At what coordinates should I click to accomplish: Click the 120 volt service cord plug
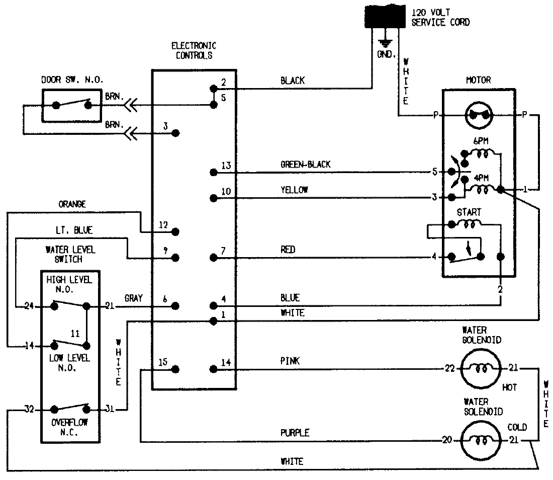point(385,16)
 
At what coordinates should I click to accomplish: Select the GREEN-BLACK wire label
point(306,165)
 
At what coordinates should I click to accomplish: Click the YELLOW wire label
point(294,190)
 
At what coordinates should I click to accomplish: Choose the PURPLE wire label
point(295,433)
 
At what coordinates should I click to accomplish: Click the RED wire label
point(288,250)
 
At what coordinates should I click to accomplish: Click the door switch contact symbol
point(72,105)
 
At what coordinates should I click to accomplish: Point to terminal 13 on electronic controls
point(213,173)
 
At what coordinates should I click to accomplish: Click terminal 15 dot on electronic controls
point(175,369)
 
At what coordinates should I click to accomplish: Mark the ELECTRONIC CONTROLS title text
point(194,51)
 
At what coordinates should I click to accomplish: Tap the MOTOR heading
point(478,80)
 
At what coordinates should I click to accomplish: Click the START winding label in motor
point(469,212)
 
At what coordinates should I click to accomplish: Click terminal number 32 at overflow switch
point(29,410)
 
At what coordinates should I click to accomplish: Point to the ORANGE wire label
point(72,204)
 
